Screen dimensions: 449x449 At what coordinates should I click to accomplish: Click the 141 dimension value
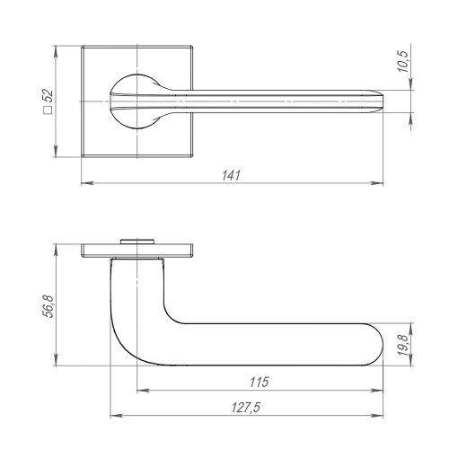pyautogui.click(x=232, y=176)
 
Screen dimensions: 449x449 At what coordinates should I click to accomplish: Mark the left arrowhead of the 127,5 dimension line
pyautogui.click(x=113, y=416)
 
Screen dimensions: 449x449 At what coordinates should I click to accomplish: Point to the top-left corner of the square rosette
pyautogui.click(x=82, y=41)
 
